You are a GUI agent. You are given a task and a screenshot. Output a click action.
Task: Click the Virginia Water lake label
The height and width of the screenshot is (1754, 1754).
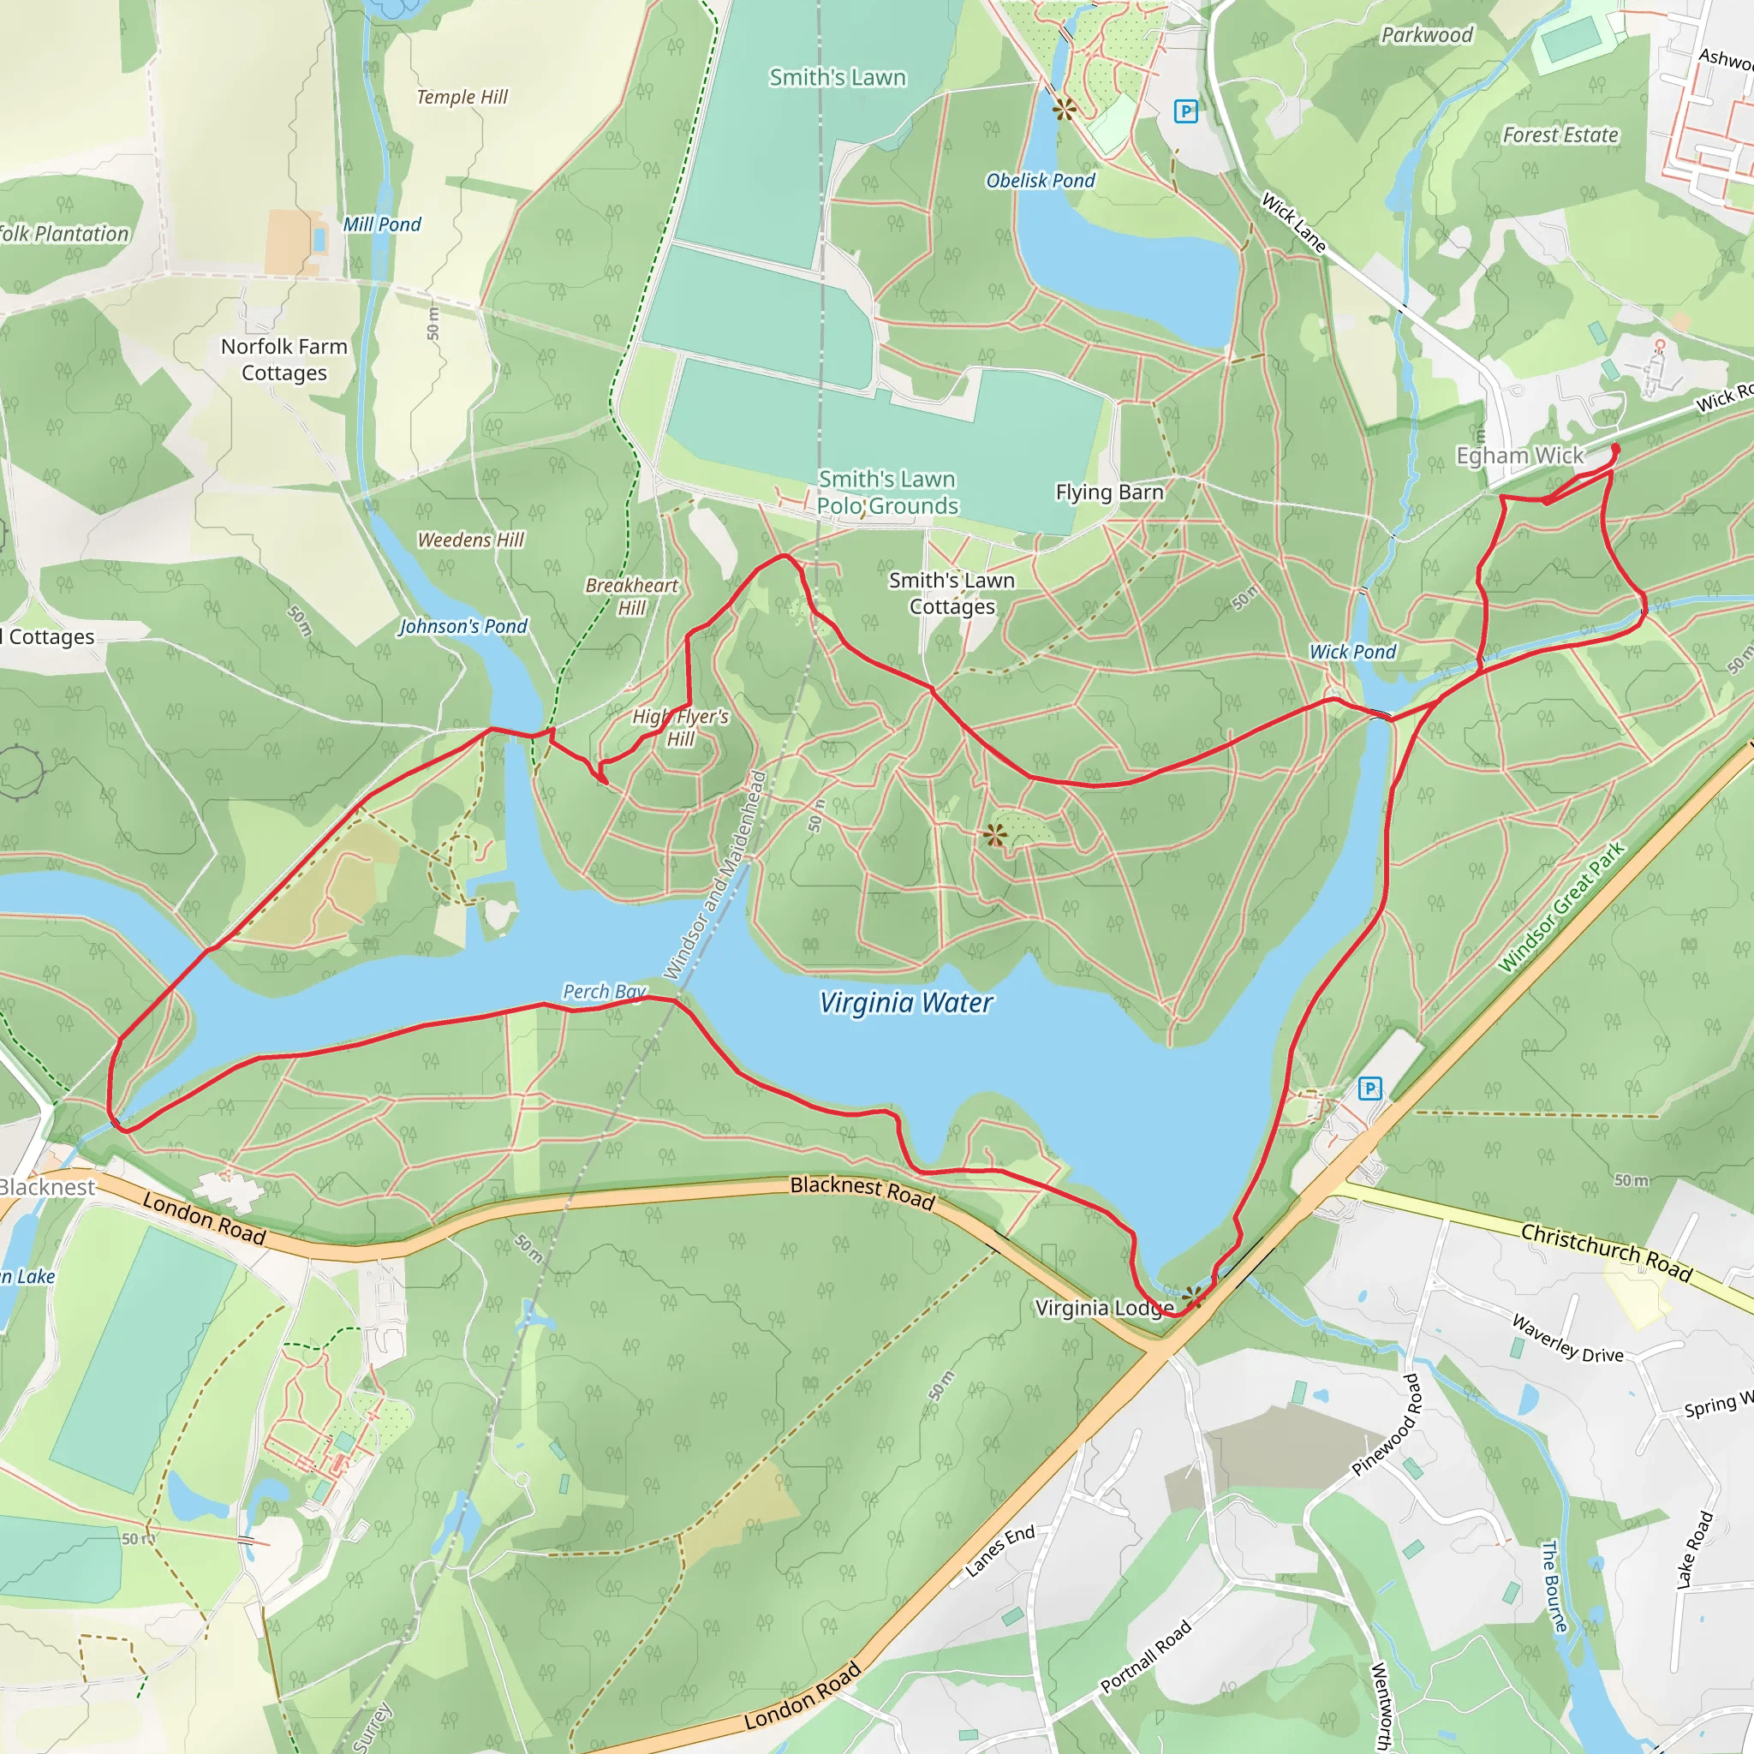click(906, 1003)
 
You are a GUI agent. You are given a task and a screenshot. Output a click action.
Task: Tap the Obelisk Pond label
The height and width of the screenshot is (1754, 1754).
click(1041, 181)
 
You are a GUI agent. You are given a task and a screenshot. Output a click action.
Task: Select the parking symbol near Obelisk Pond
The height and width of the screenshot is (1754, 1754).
click(1185, 111)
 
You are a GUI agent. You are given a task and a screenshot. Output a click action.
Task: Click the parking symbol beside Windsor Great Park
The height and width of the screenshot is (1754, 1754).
click(1370, 1089)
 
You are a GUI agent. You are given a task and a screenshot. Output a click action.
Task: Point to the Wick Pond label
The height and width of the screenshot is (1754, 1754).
click(1351, 652)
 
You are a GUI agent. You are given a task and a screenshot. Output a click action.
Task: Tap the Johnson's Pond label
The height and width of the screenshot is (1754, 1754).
click(463, 626)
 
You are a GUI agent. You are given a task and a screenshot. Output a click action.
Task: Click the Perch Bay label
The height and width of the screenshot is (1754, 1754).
click(604, 992)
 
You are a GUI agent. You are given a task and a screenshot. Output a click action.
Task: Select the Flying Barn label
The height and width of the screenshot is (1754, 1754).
click(1108, 492)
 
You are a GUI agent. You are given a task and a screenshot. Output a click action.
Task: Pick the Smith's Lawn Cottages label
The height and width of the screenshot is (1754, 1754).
click(952, 593)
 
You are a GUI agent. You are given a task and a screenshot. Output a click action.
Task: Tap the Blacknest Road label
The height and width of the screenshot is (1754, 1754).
click(862, 1193)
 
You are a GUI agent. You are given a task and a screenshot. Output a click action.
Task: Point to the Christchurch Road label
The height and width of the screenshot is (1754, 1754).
click(1606, 1253)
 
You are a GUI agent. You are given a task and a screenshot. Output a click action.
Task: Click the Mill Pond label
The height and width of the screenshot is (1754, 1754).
click(381, 224)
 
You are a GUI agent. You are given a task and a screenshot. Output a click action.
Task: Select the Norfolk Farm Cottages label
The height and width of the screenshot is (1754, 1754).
click(284, 360)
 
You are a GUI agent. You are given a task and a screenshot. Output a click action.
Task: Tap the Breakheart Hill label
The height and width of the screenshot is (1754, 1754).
click(632, 596)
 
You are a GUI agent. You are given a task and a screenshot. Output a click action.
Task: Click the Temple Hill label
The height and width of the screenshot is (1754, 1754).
click(462, 97)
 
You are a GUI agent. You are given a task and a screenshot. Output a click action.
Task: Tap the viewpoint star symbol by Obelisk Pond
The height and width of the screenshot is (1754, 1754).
click(1064, 110)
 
